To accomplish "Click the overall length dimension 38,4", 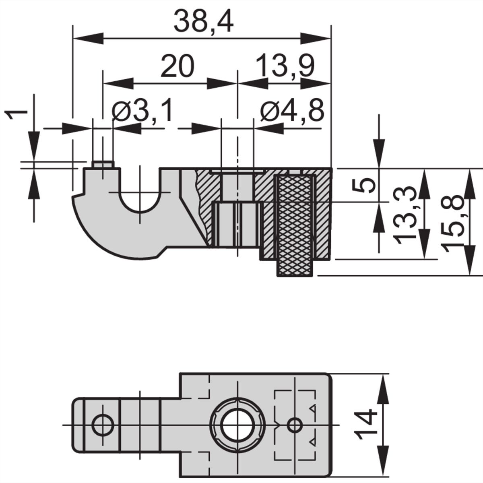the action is (204, 22).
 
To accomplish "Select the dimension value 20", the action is (178, 66).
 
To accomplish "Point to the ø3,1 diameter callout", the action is (142, 110).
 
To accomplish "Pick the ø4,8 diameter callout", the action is (292, 110).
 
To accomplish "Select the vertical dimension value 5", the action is (363, 185).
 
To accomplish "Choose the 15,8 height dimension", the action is (452, 223).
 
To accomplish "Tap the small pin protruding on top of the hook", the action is (103, 165).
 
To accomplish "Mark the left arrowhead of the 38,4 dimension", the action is (88, 38).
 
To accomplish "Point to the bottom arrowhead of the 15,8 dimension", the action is (469, 260).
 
